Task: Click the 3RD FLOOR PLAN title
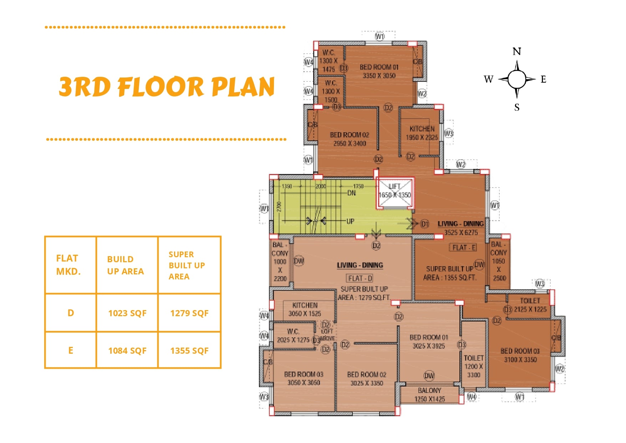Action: click(167, 87)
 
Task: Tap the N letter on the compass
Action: click(516, 52)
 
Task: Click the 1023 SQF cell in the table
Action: click(127, 313)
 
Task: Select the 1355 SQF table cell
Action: click(189, 351)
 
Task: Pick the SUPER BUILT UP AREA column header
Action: click(187, 265)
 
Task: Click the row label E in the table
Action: click(71, 350)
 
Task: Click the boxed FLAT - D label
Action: click(360, 278)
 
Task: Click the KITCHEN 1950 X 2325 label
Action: click(422, 133)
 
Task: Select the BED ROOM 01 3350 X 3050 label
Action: click(379, 71)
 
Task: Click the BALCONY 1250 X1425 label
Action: click(429, 395)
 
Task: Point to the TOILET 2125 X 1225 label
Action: click(530, 305)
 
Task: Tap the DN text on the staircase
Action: click(351, 193)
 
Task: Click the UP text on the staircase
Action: click(350, 221)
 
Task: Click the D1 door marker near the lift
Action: click(424, 224)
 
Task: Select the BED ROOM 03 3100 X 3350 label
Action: click(520, 355)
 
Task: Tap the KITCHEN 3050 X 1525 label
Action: click(305, 309)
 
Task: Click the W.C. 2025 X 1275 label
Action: click(293, 335)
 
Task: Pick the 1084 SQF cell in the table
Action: click(127, 351)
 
